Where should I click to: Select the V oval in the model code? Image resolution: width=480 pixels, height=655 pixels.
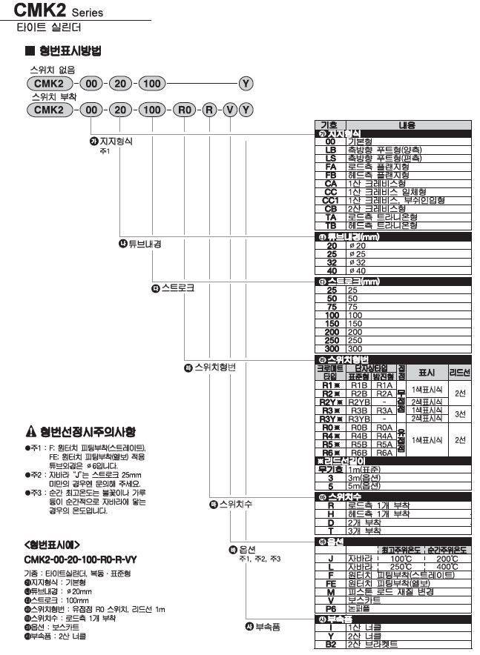229,110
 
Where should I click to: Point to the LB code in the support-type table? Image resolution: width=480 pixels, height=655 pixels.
331,149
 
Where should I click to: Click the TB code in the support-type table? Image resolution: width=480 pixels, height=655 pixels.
331,225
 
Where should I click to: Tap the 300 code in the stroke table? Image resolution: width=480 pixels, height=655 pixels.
331,348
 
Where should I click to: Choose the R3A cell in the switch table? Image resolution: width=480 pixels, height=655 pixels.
384,410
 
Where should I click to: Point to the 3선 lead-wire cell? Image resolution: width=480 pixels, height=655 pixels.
460,414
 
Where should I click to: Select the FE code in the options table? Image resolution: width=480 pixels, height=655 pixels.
331,583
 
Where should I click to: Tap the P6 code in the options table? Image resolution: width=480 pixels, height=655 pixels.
331,608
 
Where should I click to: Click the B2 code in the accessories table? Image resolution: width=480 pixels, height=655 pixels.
331,645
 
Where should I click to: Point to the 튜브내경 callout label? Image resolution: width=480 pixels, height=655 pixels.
145,244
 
